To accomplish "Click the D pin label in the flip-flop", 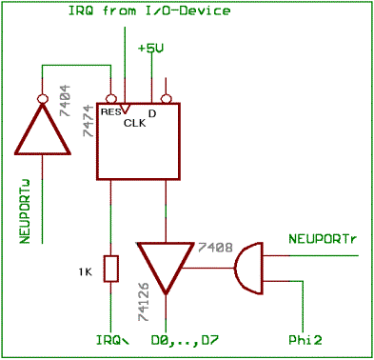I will [x=151, y=112].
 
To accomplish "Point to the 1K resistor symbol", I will [x=110, y=269].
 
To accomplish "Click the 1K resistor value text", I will [x=85, y=273].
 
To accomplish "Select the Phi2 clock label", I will [x=305, y=338].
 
